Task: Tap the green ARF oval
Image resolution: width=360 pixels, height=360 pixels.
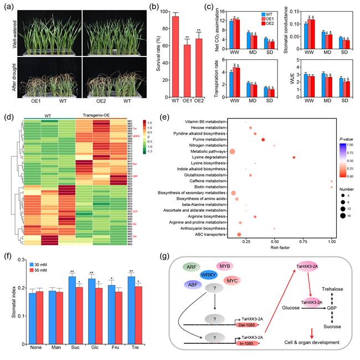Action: coord(192,266)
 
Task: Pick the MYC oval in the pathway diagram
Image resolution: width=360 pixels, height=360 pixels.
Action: coord(232,281)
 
